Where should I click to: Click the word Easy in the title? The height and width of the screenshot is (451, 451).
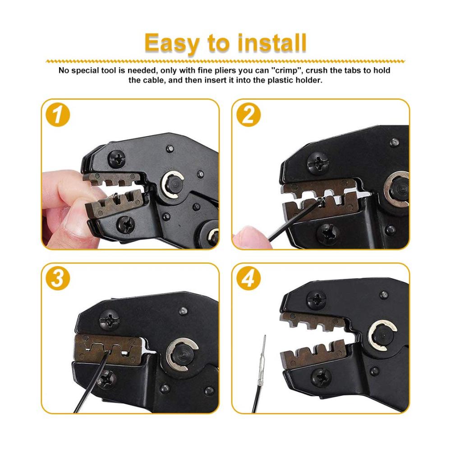[x=172, y=43]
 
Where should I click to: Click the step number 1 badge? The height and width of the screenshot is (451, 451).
[x=58, y=115]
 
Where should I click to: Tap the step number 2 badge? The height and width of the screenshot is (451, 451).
[x=249, y=115]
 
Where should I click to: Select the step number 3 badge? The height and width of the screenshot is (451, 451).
[x=58, y=278]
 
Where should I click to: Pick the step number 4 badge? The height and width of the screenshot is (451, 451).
[x=249, y=278]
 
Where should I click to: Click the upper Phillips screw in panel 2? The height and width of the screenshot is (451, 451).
[x=317, y=163]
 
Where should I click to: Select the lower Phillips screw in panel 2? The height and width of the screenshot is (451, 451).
[x=327, y=234]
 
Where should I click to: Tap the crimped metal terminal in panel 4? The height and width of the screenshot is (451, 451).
[x=262, y=359]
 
